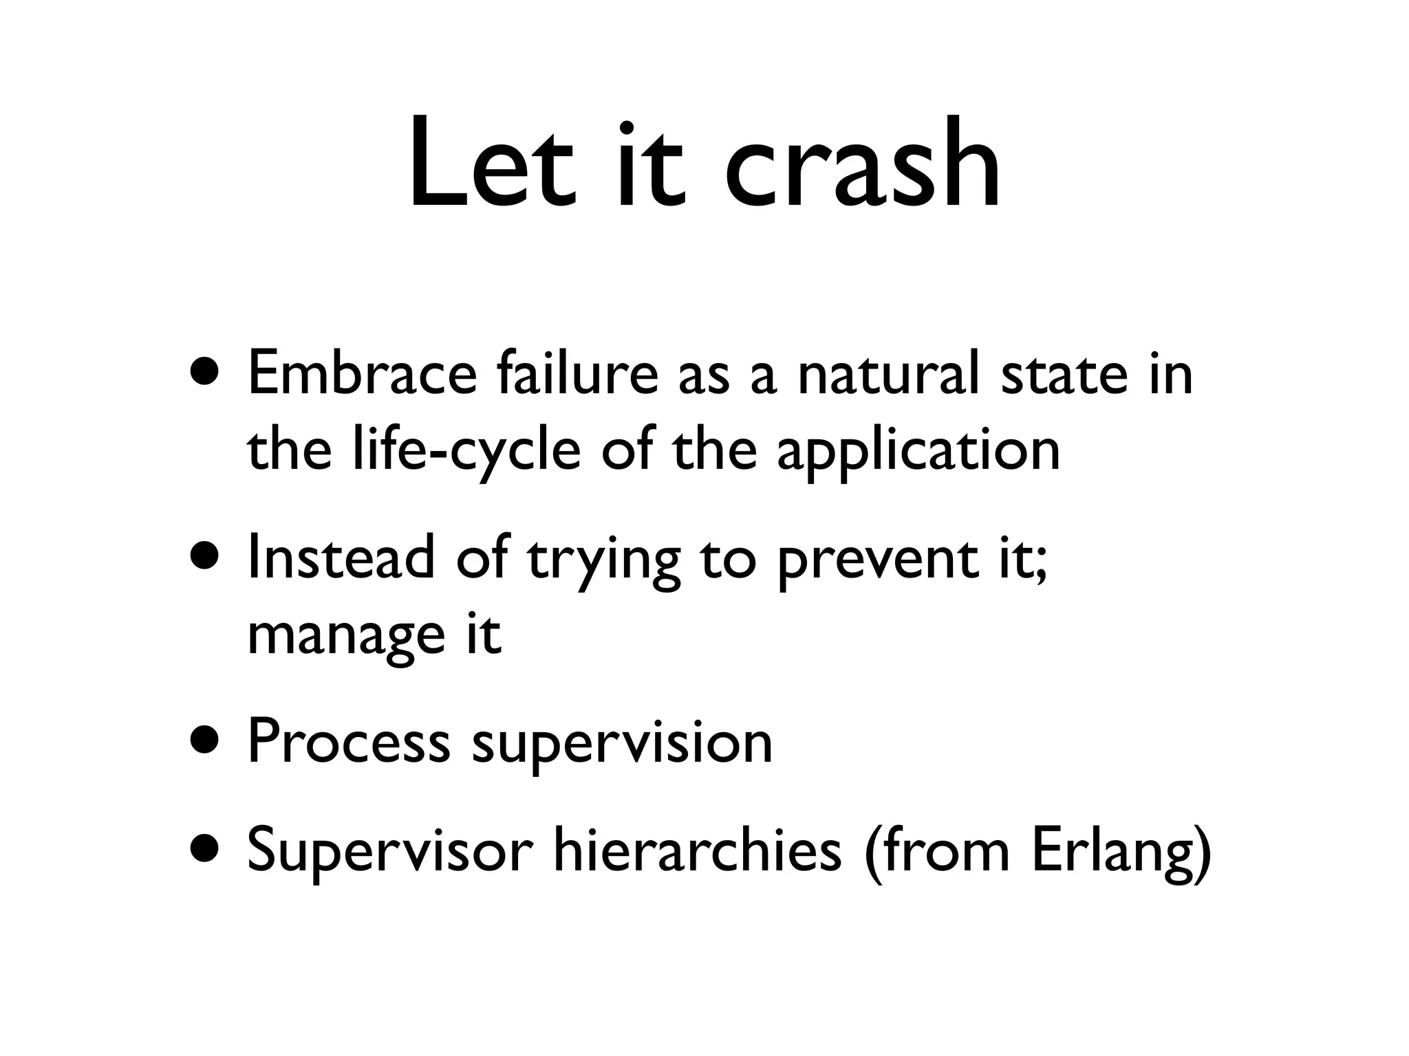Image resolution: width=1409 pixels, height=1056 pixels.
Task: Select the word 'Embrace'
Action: click(362, 373)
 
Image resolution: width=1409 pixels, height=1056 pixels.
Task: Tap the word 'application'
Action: click(918, 452)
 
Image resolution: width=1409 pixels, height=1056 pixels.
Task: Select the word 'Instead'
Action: click(341, 557)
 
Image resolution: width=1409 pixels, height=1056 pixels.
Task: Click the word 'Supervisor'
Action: click(389, 850)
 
